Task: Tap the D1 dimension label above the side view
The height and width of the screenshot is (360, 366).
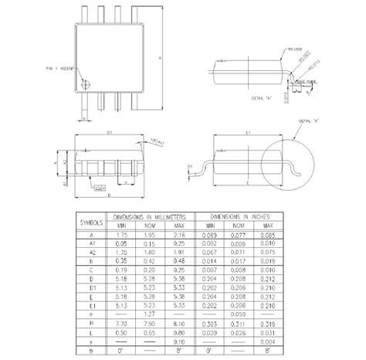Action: coord(110,133)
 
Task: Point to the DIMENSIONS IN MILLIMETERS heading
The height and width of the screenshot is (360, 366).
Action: coord(150,217)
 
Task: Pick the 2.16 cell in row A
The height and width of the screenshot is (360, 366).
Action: coord(179,234)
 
